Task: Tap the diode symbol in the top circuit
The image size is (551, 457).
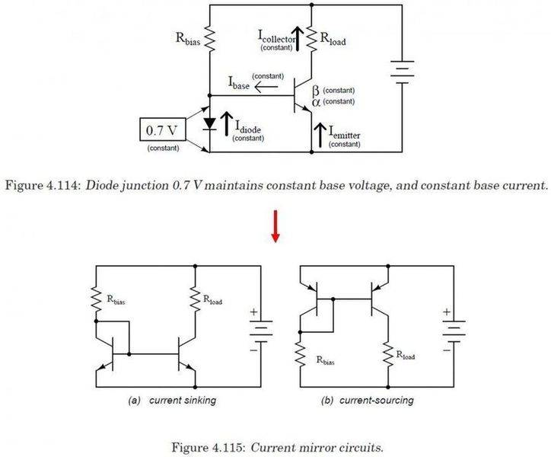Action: click(x=209, y=123)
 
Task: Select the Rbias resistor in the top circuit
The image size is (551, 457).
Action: click(x=209, y=39)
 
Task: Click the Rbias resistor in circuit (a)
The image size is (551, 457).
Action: click(x=96, y=299)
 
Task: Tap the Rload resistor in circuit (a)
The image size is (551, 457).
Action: click(x=196, y=299)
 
